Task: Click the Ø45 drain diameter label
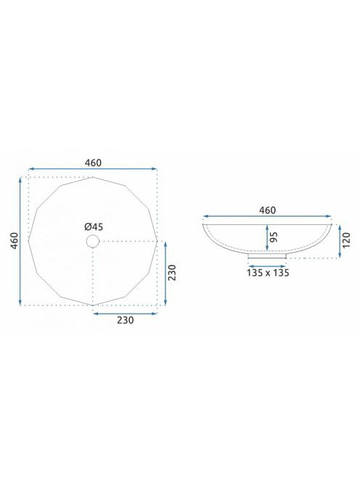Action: click(x=94, y=227)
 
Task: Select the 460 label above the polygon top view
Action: click(x=93, y=163)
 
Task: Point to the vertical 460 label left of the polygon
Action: click(x=15, y=241)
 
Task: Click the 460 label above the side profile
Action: click(x=268, y=211)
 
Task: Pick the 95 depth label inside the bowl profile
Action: click(x=274, y=237)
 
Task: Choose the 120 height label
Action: click(x=346, y=241)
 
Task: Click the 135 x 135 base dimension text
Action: click(x=268, y=273)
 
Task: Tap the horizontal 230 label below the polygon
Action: click(x=126, y=320)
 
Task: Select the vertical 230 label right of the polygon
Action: click(x=173, y=272)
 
